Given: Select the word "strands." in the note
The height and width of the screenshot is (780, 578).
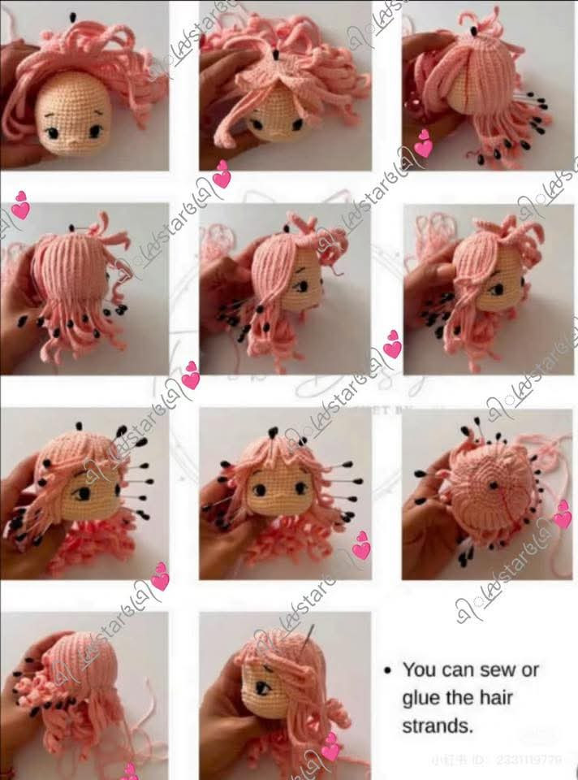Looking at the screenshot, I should click(x=437, y=726).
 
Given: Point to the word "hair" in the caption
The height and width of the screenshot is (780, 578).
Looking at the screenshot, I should click(x=495, y=698).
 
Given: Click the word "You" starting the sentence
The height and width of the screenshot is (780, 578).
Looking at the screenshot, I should click(x=420, y=670).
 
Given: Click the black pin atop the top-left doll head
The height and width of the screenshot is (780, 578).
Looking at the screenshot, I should click(x=72, y=16).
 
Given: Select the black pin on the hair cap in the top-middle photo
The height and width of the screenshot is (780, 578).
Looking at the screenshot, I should click(x=276, y=55).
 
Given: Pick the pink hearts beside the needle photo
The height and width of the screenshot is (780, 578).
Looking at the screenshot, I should click(x=330, y=747).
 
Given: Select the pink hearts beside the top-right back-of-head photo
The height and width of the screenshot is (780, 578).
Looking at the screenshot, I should click(x=423, y=144).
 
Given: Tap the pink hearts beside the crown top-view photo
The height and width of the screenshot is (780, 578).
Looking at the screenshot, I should click(x=562, y=513).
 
